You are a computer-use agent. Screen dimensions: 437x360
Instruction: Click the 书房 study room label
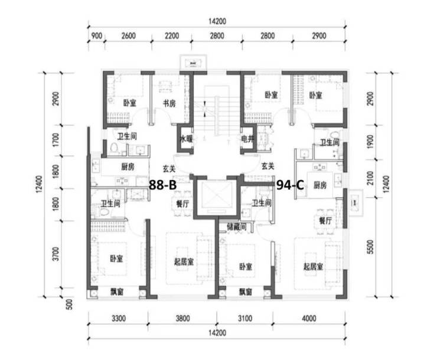(169, 103)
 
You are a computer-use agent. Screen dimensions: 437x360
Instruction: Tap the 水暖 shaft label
(186, 139)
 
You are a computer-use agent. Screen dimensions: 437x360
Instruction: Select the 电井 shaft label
(247, 139)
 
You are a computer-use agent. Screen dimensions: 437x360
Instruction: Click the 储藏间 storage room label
(237, 227)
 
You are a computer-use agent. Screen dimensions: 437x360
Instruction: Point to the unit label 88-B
(163, 184)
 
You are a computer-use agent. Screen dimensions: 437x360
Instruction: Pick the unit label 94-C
(290, 184)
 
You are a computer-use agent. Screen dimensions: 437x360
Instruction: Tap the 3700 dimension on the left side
(56, 254)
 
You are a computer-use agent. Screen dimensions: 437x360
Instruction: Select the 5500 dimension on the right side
(370, 247)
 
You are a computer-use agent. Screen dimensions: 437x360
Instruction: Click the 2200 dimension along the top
(172, 36)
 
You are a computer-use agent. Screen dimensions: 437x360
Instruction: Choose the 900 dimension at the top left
(97, 36)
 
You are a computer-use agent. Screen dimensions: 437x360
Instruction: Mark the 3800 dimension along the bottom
(182, 318)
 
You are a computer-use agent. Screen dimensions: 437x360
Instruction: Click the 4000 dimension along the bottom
(309, 318)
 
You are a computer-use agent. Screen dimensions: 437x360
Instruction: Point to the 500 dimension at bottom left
(70, 305)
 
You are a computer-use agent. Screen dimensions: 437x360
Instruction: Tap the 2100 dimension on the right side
(370, 178)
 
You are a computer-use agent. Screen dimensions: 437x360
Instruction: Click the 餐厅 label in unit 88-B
(182, 204)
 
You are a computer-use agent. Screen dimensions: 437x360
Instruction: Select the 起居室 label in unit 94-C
(313, 267)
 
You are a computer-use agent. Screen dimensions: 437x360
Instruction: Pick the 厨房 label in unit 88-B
(128, 167)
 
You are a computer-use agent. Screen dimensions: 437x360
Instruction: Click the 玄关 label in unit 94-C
(268, 166)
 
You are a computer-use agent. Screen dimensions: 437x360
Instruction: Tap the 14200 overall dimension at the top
(217, 21)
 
